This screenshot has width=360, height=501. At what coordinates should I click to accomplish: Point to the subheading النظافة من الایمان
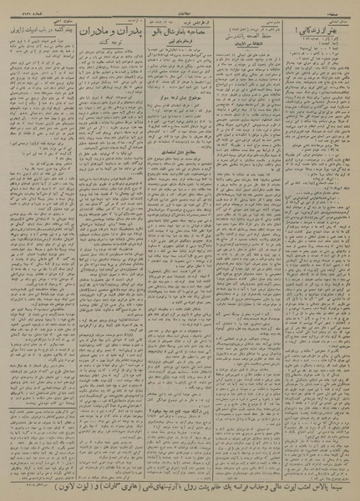point(242,40)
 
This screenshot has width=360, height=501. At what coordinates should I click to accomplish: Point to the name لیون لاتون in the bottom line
point(33,483)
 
